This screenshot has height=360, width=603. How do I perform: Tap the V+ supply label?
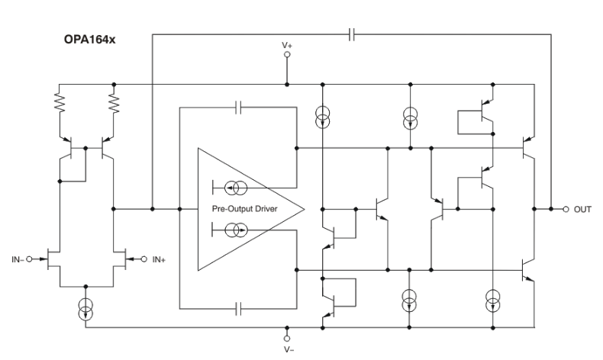point(287,46)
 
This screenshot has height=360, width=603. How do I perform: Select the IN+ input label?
point(158,260)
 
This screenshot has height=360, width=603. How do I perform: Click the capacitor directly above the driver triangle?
point(240,108)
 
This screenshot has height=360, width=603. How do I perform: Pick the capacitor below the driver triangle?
point(240,308)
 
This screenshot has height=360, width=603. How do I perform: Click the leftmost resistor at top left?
point(60,101)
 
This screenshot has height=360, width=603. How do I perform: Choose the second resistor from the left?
point(114,101)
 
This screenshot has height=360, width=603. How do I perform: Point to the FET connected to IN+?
point(120,259)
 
